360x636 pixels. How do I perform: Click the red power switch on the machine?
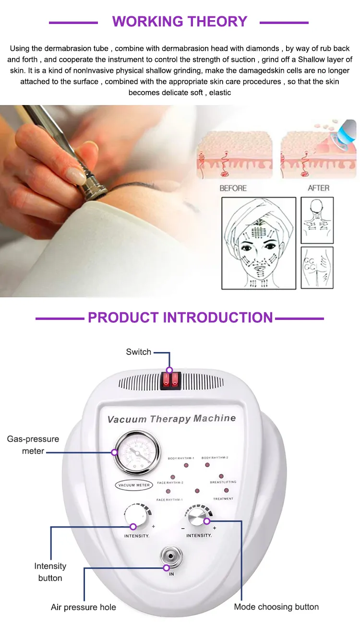(170, 380)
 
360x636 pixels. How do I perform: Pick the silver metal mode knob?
(196, 518)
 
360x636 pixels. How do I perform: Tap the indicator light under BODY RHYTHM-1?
(186, 466)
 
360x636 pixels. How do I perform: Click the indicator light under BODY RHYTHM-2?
(207, 465)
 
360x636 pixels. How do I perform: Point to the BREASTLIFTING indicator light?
(221, 476)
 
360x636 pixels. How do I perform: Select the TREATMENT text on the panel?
(223, 499)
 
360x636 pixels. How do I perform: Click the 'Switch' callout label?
(139, 352)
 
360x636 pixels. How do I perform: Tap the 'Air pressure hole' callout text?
(84, 607)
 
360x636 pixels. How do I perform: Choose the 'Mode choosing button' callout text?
(276, 607)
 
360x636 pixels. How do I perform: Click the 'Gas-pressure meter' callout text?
(33, 445)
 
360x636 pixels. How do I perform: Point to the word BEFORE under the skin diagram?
(233, 188)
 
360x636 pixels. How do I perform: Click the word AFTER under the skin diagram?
(318, 188)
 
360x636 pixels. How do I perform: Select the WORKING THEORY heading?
(180, 22)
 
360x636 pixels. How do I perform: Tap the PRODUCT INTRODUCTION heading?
(180, 318)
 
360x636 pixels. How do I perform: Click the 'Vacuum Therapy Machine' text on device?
(171, 419)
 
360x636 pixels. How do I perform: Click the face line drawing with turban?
(258, 244)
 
